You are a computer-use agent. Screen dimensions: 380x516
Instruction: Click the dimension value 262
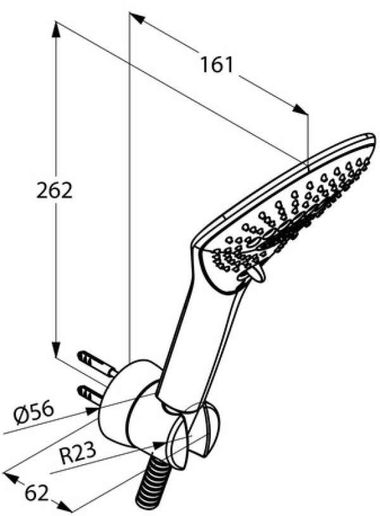[x=54, y=191]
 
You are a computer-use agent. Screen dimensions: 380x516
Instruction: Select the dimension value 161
[x=217, y=65]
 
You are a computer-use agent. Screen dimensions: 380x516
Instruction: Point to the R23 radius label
[x=79, y=453]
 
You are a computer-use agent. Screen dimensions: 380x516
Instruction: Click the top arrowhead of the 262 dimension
[x=56, y=29]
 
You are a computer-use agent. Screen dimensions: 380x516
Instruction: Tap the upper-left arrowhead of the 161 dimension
[x=137, y=18]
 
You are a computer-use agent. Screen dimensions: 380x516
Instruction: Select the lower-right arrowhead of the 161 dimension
[x=300, y=110]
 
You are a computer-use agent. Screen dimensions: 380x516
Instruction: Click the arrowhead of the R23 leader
[x=160, y=445]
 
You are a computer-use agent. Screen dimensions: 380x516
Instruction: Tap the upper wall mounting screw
[x=96, y=364]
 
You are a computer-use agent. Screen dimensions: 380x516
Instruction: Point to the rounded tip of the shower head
[x=370, y=139]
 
